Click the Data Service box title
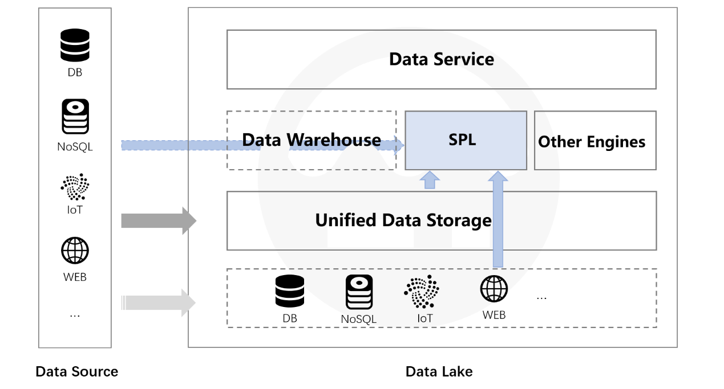441,59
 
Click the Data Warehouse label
311,140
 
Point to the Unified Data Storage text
403,220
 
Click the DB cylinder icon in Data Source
75,45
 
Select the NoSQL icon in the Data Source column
75,117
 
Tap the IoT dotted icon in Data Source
75,187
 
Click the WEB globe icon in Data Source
75,251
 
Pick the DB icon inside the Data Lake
290,291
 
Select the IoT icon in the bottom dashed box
422,292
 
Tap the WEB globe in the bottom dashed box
494,289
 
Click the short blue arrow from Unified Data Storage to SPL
430,180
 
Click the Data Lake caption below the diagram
439,372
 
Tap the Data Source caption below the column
76,372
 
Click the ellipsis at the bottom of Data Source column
75,315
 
